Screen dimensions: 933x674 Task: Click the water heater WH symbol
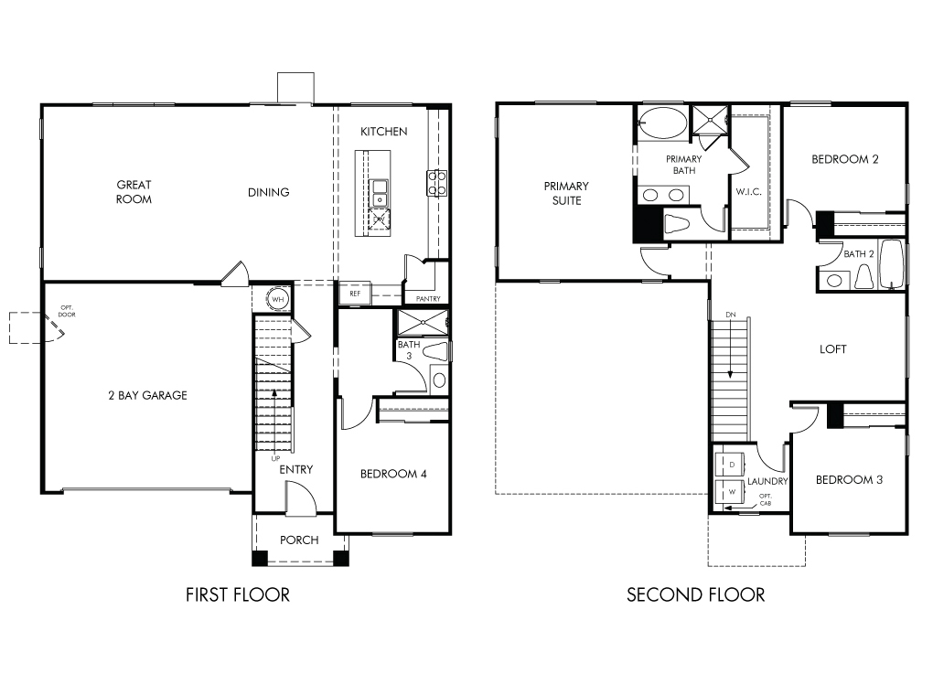point(278,299)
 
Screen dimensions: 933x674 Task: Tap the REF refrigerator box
point(355,294)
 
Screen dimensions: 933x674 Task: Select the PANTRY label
point(428,299)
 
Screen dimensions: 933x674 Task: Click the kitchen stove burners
point(436,183)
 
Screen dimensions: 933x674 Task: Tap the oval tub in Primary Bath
point(663,123)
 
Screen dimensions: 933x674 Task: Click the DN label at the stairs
point(731,314)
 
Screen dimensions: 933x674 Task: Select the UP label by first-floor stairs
point(275,458)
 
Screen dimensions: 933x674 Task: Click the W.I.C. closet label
point(748,191)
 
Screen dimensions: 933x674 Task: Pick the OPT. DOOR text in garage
point(67,311)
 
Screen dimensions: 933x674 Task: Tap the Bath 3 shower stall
point(422,322)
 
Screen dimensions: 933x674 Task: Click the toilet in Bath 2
point(863,276)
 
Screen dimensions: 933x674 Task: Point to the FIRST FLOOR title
point(238,594)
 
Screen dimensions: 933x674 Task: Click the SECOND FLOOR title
point(695,594)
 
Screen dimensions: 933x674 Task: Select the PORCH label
point(299,540)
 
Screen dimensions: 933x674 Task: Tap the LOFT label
point(832,349)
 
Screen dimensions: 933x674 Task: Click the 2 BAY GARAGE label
point(147,395)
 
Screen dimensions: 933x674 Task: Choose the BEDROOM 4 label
point(393,474)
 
